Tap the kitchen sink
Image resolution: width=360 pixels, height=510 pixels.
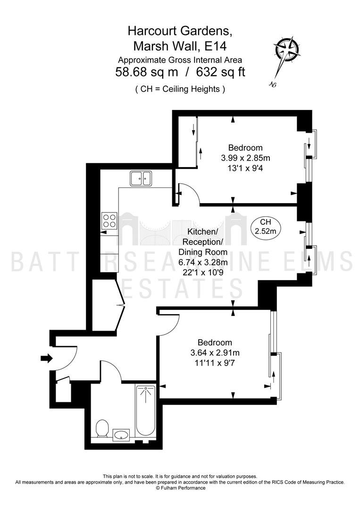[x=141, y=178]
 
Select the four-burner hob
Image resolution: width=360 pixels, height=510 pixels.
[x=109, y=221]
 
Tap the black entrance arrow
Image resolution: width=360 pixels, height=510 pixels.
[x=46, y=358]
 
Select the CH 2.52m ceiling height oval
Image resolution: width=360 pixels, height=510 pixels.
[x=266, y=227]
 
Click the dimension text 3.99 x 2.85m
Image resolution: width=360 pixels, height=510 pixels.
[x=245, y=158]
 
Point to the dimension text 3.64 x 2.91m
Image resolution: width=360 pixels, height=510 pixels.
[x=215, y=352]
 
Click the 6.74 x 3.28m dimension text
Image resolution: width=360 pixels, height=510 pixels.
[x=203, y=262]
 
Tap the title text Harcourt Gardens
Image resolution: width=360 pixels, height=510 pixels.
[x=180, y=31]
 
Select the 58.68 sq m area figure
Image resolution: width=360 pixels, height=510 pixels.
[x=147, y=72]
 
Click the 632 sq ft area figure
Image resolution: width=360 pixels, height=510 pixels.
[x=221, y=72]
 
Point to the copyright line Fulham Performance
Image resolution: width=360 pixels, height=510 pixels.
[x=180, y=488]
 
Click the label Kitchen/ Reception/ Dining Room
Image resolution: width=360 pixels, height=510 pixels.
[x=203, y=242]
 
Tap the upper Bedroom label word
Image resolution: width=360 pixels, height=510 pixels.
[x=245, y=148]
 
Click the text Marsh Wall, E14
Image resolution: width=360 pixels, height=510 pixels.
[x=180, y=46]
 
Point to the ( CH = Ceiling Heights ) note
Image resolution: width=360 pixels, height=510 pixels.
[x=180, y=89]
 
